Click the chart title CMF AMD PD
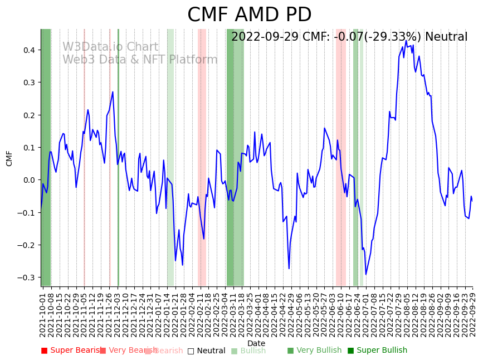click(249, 15)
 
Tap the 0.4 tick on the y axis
click(28, 50)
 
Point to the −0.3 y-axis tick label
click(26, 278)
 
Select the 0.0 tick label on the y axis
click(28, 180)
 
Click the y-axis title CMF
click(9, 158)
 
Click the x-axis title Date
click(256, 343)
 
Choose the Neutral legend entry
click(206, 351)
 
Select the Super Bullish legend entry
click(377, 351)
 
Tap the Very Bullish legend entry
click(314, 351)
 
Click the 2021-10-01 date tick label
click(42, 313)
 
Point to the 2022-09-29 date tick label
click(472, 313)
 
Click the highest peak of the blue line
click(406, 41)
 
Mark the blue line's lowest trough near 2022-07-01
click(366, 274)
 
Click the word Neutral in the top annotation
click(446, 37)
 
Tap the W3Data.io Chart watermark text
click(110, 47)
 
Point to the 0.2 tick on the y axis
click(28, 115)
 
